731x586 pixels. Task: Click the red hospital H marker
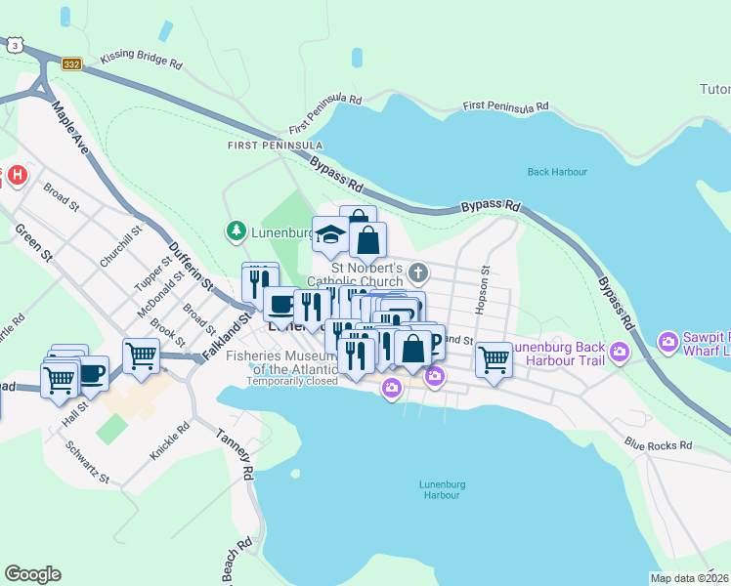18,177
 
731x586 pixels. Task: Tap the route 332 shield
71,63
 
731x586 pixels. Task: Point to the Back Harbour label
557,172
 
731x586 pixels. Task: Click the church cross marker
418,272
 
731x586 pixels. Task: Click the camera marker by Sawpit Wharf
668,342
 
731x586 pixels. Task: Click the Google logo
33,574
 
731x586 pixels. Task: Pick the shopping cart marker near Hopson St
494,358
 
